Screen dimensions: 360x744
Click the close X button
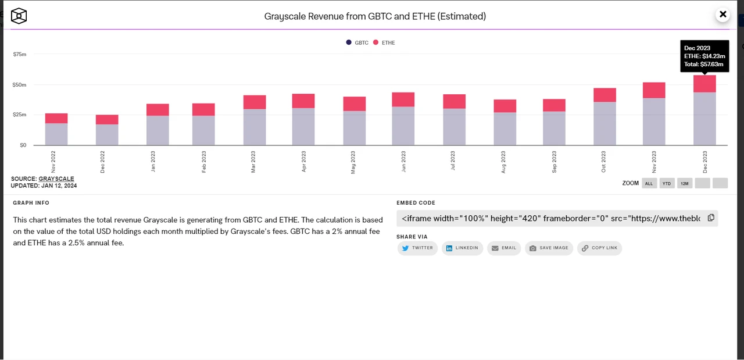coord(722,15)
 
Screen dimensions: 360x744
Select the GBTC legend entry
coord(357,42)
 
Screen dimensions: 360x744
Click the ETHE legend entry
coord(384,42)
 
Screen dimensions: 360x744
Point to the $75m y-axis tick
coord(20,54)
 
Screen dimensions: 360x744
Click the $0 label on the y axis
coord(23,145)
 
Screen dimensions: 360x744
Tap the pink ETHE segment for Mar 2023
coord(255,102)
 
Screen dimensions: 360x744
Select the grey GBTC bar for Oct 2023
coord(604,123)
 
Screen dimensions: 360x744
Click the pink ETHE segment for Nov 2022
coord(56,118)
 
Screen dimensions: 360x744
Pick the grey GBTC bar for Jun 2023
coord(403,126)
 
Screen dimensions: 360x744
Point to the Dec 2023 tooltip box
coord(704,56)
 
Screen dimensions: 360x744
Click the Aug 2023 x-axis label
coord(503,162)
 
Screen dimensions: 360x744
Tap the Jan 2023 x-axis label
coord(153,161)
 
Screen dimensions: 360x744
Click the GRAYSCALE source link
coord(56,179)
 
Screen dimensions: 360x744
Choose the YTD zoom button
coord(667,183)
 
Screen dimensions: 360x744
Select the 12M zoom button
coord(685,183)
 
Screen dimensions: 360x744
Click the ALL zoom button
coord(649,183)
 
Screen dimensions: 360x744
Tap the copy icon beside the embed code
coord(711,218)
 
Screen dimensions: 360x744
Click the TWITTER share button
coord(417,248)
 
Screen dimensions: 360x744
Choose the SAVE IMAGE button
coord(549,248)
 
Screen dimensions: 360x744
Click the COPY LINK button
coord(599,248)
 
